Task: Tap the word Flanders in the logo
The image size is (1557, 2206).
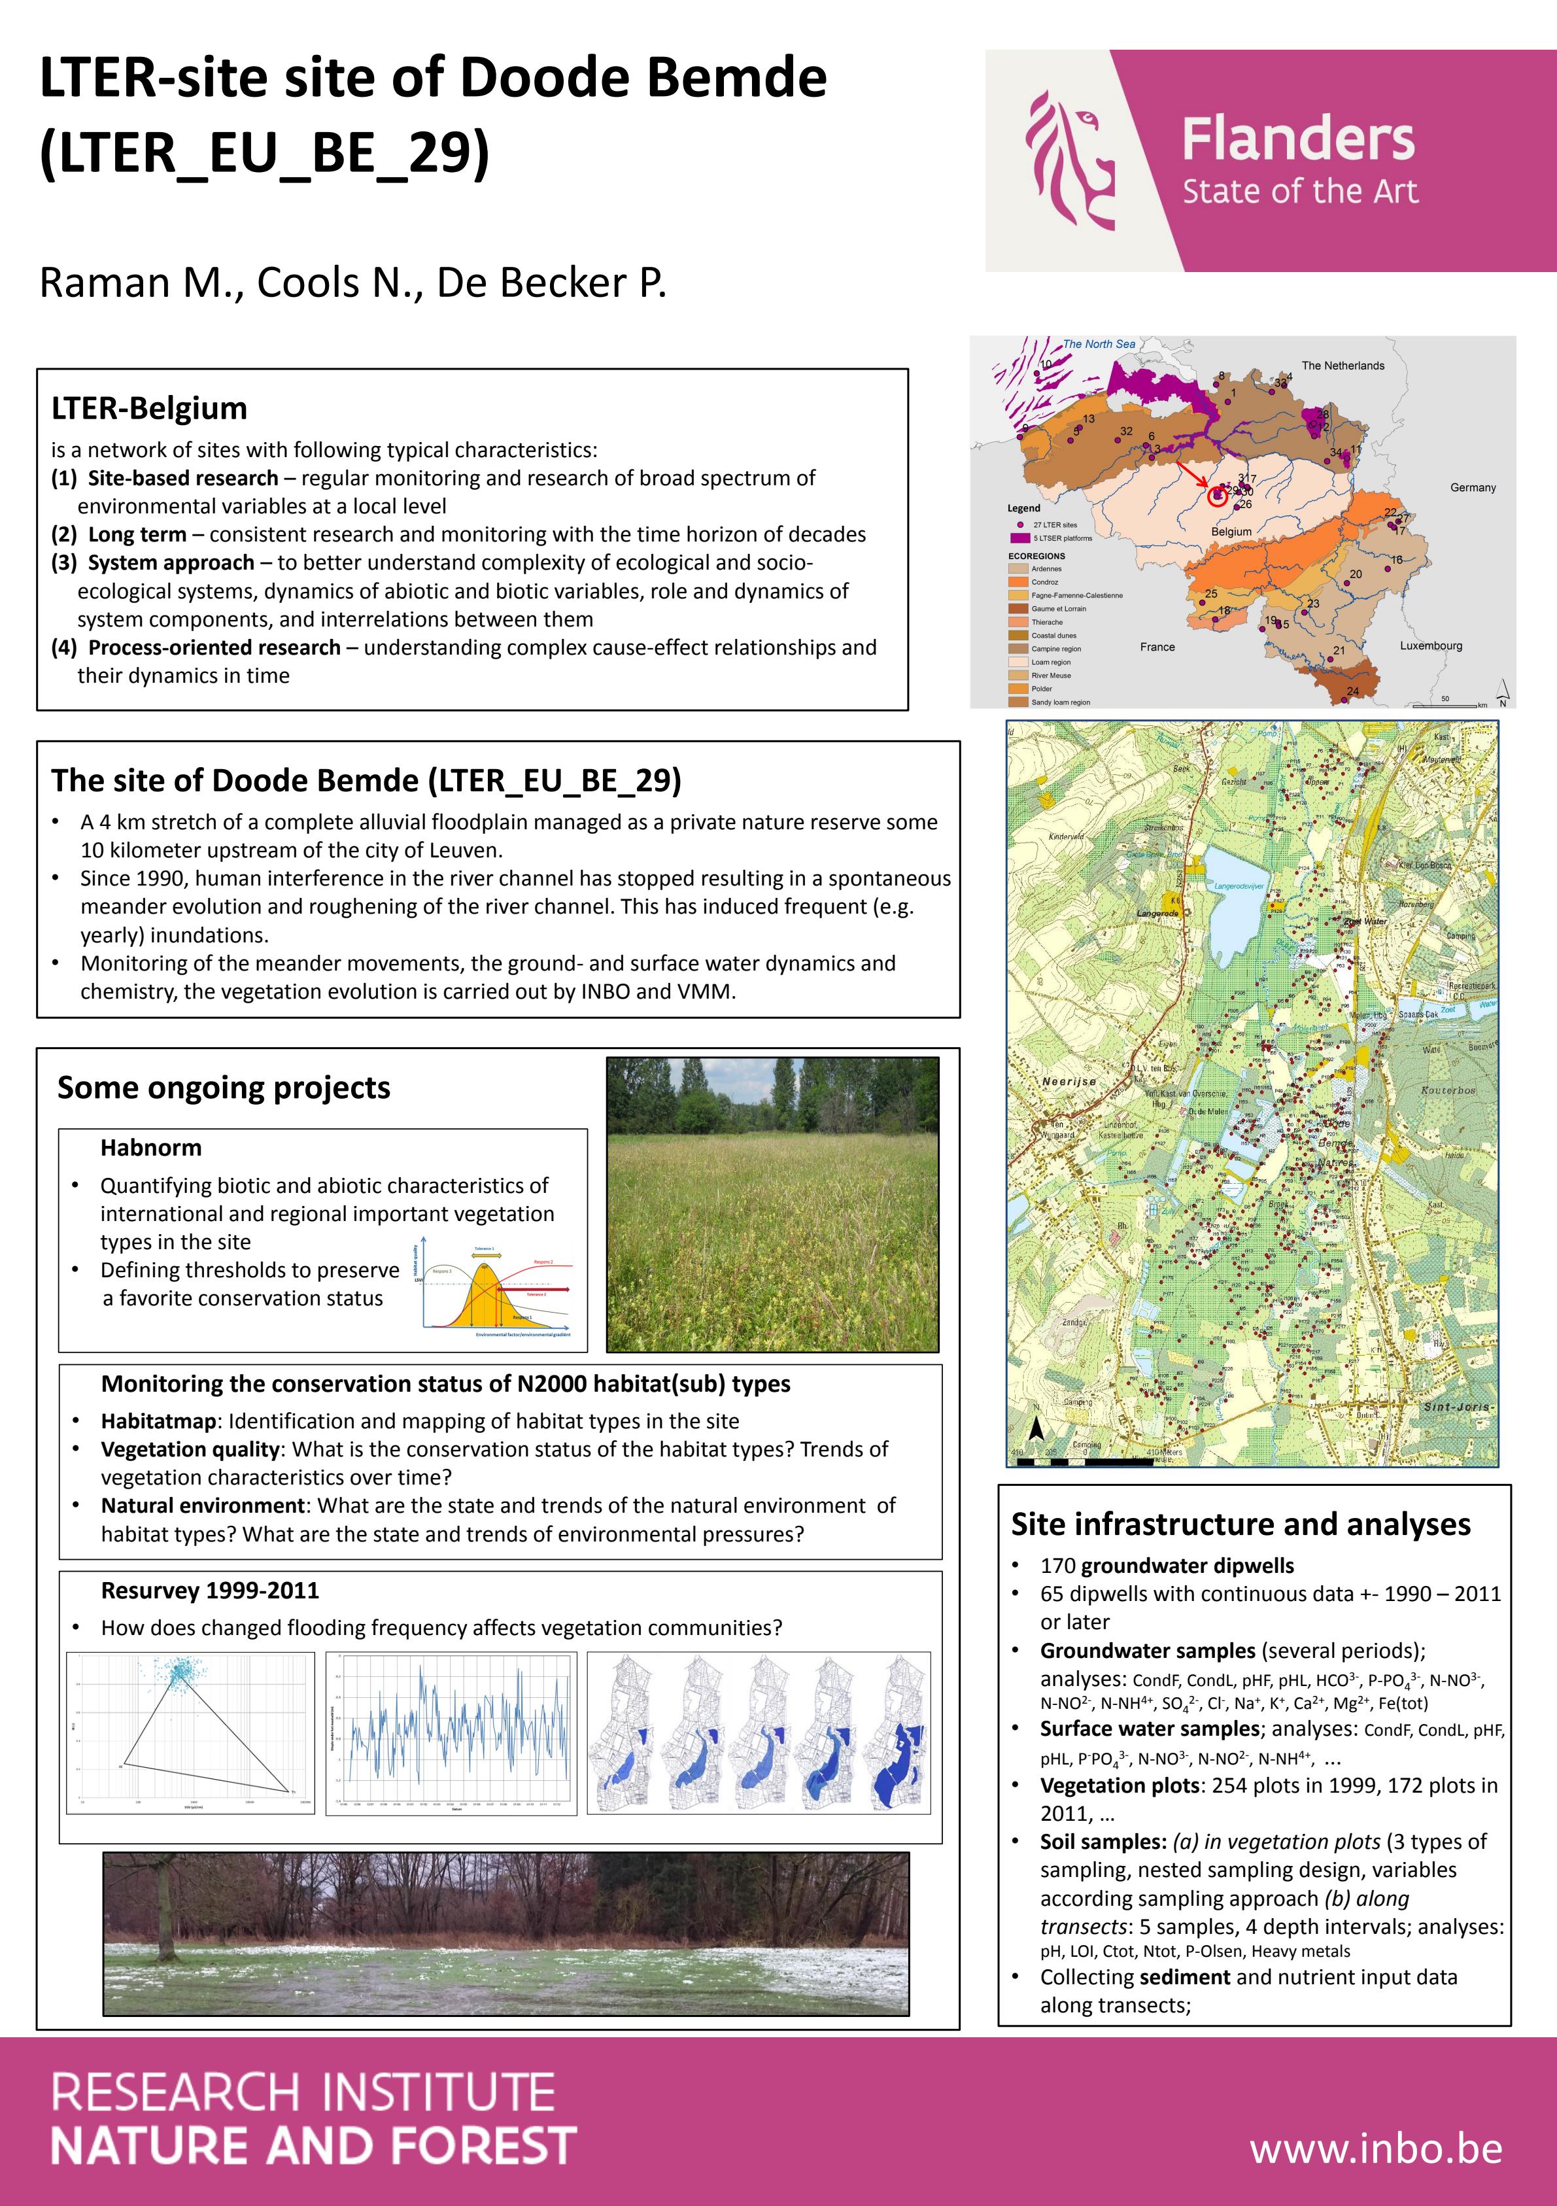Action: pos(1297,139)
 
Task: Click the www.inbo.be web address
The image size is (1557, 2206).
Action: pos(1375,2149)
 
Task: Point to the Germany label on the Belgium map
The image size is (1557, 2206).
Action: pos(1473,487)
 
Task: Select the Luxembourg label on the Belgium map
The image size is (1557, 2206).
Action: pos(1430,646)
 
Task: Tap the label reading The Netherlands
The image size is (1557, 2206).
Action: pos(1343,366)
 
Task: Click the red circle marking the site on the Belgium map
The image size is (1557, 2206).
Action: pos(1218,496)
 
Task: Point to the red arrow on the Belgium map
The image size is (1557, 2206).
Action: pos(1194,477)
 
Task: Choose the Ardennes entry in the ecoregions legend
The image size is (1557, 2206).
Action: pos(1046,569)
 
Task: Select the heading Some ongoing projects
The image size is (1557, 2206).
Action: pos(224,1088)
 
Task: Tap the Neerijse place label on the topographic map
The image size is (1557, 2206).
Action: pos(1068,1081)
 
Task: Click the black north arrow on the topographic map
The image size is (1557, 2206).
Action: pos(1035,1430)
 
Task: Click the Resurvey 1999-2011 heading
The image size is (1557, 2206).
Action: pos(209,1590)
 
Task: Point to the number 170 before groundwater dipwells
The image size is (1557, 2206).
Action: pos(1057,1566)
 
